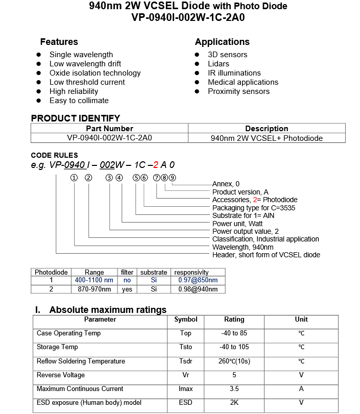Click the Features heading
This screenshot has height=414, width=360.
coord(59,42)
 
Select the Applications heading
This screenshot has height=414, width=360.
coord(222,42)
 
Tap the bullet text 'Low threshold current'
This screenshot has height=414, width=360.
coord(87,82)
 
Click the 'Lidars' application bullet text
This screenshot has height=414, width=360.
coord(219,64)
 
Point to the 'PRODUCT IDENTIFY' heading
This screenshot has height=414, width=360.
coord(76,118)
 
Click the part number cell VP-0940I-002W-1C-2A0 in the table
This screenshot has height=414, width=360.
coord(109,138)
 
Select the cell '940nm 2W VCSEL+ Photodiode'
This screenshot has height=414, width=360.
coord(267,138)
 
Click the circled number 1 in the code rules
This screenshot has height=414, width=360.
coord(74,178)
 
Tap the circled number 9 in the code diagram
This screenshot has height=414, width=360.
coord(173,178)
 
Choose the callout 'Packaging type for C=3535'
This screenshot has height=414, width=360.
coord(254,208)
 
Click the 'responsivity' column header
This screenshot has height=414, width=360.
coord(191,272)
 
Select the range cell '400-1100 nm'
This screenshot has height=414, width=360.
coord(94,280)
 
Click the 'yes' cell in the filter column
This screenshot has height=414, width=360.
coord(127,289)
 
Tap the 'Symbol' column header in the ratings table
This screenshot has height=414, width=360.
coord(185,320)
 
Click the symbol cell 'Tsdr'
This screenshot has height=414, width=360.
coord(185,361)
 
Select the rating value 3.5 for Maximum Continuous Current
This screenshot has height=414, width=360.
coord(234,389)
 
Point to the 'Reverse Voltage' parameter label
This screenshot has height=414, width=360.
coord(60,375)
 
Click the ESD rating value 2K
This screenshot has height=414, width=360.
coord(234,403)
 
